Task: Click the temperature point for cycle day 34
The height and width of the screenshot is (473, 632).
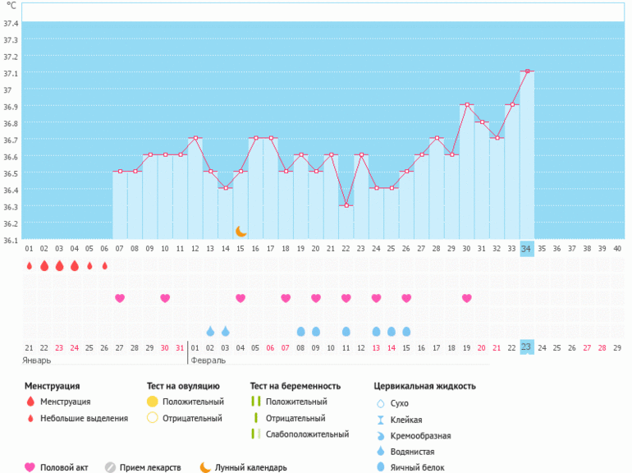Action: coord(527,71)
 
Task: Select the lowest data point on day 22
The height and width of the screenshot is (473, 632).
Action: coord(346,204)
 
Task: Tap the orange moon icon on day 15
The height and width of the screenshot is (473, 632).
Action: coord(240,232)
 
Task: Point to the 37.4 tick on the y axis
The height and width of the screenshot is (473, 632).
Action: coord(11,23)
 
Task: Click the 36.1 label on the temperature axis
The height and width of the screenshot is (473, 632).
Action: coord(11,241)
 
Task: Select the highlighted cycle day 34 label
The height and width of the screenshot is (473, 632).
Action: coord(527,249)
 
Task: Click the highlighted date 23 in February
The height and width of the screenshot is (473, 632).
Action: coord(527,347)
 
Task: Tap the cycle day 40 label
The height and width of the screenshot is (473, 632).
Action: coord(617,249)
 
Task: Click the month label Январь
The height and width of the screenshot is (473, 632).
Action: coord(38,360)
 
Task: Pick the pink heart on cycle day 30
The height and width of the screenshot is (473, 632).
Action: coord(467,298)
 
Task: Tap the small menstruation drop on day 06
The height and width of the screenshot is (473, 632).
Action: coord(104,266)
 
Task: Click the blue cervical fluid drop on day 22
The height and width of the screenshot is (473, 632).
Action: coord(346,331)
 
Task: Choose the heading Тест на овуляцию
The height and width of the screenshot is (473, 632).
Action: coord(182,385)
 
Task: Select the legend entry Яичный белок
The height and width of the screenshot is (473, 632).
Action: coord(418,467)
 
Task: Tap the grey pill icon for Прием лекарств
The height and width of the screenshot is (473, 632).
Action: coord(110,467)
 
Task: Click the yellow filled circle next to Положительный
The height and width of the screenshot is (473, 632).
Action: coord(152,402)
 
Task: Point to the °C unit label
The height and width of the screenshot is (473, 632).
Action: coord(11,6)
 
